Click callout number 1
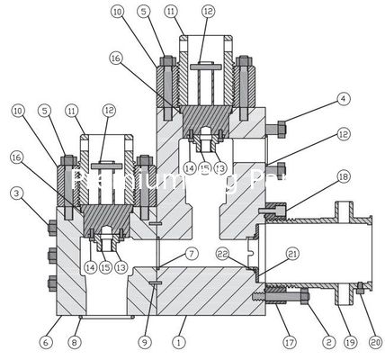(x=179, y=343)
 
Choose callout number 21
(x=266, y=255)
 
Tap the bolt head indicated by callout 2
(x=302, y=294)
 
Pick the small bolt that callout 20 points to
(x=359, y=287)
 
